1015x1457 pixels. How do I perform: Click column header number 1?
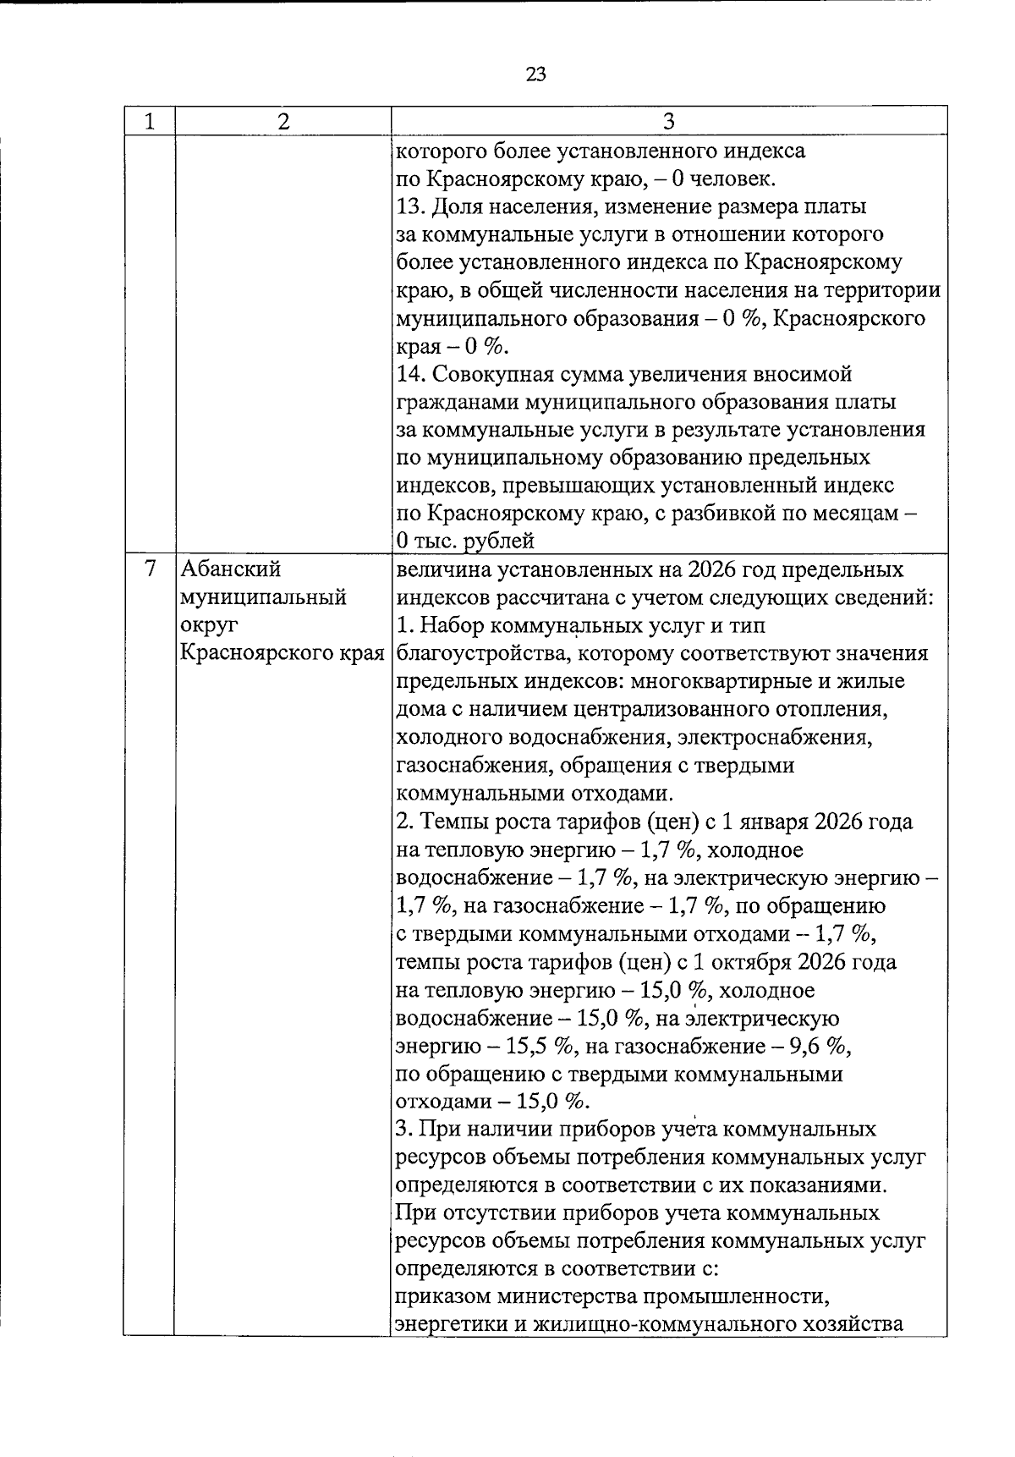click(149, 122)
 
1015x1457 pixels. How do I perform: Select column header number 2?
click(282, 122)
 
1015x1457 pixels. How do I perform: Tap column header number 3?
click(667, 122)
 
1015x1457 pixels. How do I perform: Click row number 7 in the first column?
click(149, 569)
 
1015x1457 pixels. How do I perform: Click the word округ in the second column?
click(209, 625)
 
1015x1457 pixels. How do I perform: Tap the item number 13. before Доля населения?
click(412, 207)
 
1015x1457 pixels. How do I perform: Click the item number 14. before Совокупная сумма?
click(412, 375)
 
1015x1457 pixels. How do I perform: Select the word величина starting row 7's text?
click(437, 569)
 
